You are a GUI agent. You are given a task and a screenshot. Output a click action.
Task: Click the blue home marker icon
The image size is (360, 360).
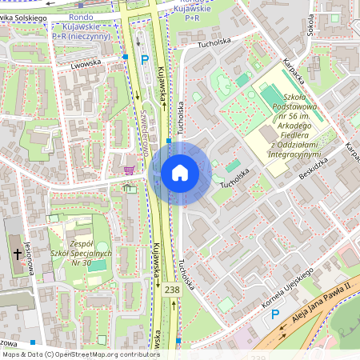coord(180,173)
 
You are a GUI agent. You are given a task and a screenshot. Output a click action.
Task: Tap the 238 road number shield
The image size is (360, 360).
coord(172,290)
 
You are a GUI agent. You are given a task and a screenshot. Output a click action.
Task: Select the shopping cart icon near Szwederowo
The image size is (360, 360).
coord(129,170)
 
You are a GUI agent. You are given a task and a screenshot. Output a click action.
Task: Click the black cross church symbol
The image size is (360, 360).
coord(18,253)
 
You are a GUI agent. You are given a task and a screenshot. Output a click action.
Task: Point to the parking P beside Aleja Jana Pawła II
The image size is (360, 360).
coord(275,314)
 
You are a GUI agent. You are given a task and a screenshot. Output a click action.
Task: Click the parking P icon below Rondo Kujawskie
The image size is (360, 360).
coord(145,59)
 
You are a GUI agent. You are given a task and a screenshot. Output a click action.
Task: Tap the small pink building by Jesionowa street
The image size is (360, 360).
coord(48,277)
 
